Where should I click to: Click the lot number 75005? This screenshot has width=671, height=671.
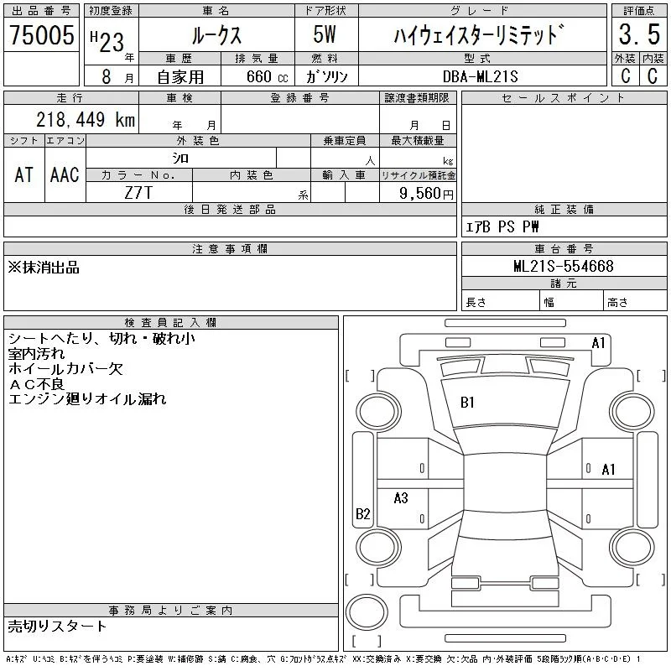[41, 34]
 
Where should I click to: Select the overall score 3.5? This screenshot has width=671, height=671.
[639, 34]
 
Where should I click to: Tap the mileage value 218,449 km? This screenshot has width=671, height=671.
[86, 119]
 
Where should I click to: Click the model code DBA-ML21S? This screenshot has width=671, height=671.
[481, 76]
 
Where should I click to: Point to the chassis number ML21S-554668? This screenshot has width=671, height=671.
[564, 266]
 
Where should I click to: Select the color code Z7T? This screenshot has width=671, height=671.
[138, 193]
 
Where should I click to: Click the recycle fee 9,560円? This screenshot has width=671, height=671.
[426, 194]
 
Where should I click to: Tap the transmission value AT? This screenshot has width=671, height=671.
[24, 174]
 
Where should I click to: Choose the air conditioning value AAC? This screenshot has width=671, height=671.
[65, 174]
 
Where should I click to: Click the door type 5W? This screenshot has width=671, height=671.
[325, 34]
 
